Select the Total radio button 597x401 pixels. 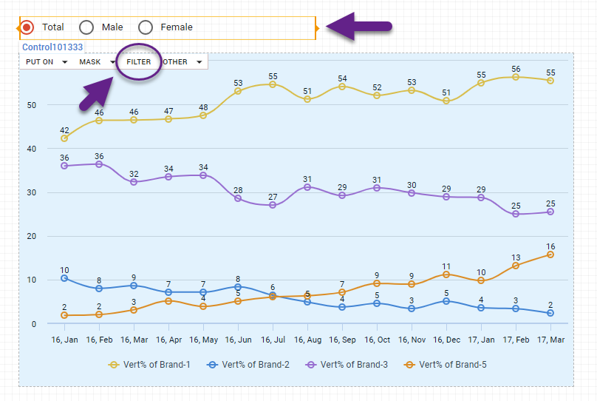click(x=27, y=27)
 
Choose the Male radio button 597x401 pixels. click(x=86, y=27)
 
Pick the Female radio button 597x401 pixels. click(x=146, y=27)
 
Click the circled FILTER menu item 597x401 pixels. click(x=138, y=62)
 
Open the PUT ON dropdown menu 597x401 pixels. click(x=46, y=62)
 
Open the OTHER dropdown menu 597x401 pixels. click(x=182, y=62)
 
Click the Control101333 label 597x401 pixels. click(x=52, y=47)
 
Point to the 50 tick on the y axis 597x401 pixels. click(x=31, y=105)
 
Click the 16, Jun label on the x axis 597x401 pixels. click(x=238, y=340)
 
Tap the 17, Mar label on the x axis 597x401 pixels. click(x=550, y=340)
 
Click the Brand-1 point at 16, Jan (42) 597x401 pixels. click(x=64, y=138)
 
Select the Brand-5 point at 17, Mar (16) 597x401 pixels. click(x=550, y=255)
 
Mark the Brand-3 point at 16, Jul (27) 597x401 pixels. click(x=273, y=205)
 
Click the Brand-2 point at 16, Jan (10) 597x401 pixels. click(x=64, y=278)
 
